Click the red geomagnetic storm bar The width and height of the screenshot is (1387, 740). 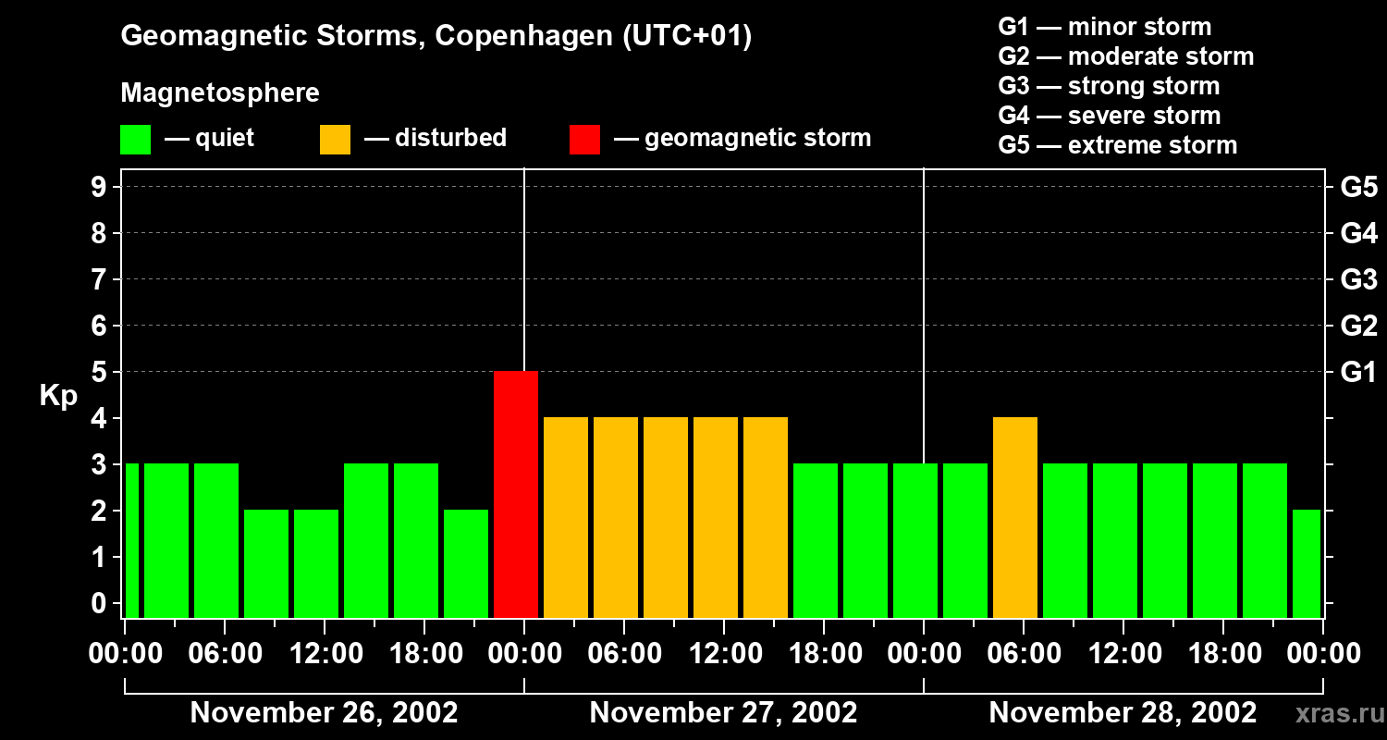point(516,494)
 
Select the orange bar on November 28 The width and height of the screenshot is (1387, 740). point(1015,517)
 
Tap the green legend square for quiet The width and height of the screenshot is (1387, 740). point(135,140)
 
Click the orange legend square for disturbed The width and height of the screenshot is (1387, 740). point(335,140)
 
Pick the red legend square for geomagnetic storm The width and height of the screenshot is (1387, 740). point(584,140)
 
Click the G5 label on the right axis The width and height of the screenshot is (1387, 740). point(1358,188)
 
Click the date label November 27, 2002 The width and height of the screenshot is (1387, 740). point(723,713)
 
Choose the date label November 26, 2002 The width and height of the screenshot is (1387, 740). point(324,713)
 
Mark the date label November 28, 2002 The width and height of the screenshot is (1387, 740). point(1123,713)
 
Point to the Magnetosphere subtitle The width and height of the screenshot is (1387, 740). point(220,93)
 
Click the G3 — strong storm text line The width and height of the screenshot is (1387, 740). point(1109,86)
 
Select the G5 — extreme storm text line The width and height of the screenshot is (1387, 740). point(1117,145)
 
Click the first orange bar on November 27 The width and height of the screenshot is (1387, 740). point(566,517)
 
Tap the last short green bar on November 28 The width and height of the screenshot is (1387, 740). point(1307,563)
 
